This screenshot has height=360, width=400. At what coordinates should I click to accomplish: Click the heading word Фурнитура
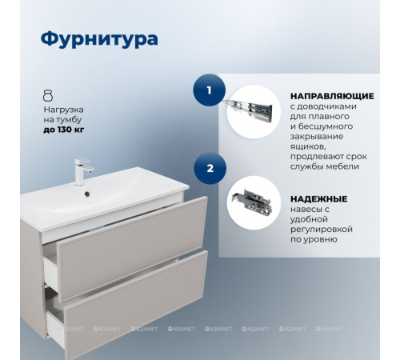coord(98,38)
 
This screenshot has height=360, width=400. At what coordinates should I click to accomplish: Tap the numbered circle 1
coord(210,90)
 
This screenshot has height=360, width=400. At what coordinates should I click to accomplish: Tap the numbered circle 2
coord(210,169)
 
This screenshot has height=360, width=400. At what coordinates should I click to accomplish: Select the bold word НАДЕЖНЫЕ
coord(318,198)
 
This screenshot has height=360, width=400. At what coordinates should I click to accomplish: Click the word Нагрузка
coord(63,107)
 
